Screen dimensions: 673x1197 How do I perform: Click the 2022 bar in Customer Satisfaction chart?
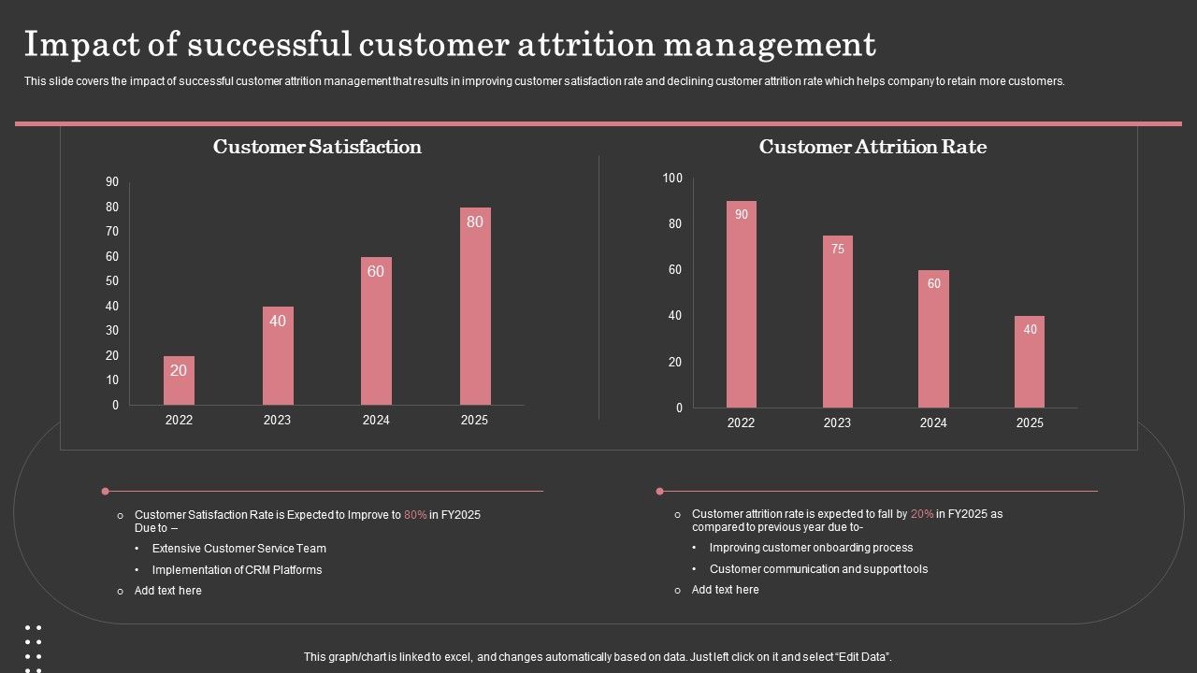pos(179,380)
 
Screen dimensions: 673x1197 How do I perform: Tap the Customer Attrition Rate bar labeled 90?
pos(742,305)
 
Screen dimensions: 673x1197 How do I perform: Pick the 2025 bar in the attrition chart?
pos(1030,362)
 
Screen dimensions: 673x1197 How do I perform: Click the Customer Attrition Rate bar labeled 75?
pos(838,322)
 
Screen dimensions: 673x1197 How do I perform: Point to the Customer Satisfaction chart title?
pos(317,147)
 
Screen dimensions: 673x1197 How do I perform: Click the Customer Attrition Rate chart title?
pos(873,147)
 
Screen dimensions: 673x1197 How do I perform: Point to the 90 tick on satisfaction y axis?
pos(112,181)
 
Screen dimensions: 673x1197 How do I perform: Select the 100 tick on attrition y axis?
pos(672,178)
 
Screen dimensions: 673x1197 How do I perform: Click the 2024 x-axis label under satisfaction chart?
pos(376,421)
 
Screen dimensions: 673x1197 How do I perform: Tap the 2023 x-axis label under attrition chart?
pos(837,423)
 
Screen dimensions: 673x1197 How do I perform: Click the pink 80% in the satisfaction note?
pos(415,515)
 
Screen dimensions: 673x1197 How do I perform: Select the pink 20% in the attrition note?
pos(922,514)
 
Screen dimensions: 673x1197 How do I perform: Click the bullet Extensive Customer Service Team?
pos(239,549)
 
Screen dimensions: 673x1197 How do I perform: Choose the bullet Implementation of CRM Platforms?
pos(237,570)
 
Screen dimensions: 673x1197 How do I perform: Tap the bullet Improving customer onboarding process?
pos(811,548)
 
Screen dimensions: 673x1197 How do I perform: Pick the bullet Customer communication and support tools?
pos(818,569)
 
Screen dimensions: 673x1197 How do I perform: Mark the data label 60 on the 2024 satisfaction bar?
pos(376,271)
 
